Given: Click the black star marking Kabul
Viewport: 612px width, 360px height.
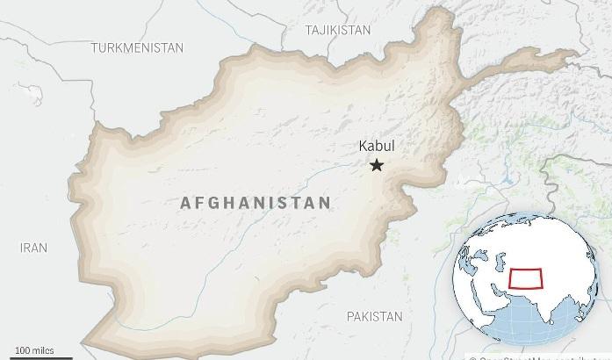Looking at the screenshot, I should (x=377, y=165).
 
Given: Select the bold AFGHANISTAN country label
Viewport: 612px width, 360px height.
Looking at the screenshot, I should (x=256, y=203).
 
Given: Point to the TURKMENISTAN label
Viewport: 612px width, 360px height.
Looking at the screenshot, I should (x=137, y=47).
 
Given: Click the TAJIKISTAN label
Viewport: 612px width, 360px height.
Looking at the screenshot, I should (x=337, y=30).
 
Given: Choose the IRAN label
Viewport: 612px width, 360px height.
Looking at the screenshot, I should (x=33, y=248).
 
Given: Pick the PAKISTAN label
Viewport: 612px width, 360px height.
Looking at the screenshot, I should (x=374, y=316).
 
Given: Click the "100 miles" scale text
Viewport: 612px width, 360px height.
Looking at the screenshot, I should (x=33, y=350).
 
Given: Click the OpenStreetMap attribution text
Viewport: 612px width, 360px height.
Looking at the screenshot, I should (x=541, y=357).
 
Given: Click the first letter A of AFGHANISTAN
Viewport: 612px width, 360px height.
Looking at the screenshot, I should (x=185, y=203).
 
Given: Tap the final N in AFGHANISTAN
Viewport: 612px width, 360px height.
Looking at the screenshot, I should (x=326, y=203).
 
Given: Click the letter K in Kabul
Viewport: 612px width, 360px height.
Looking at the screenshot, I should (x=364, y=147).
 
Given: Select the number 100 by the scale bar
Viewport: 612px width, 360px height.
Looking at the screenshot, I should (x=21, y=350).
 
